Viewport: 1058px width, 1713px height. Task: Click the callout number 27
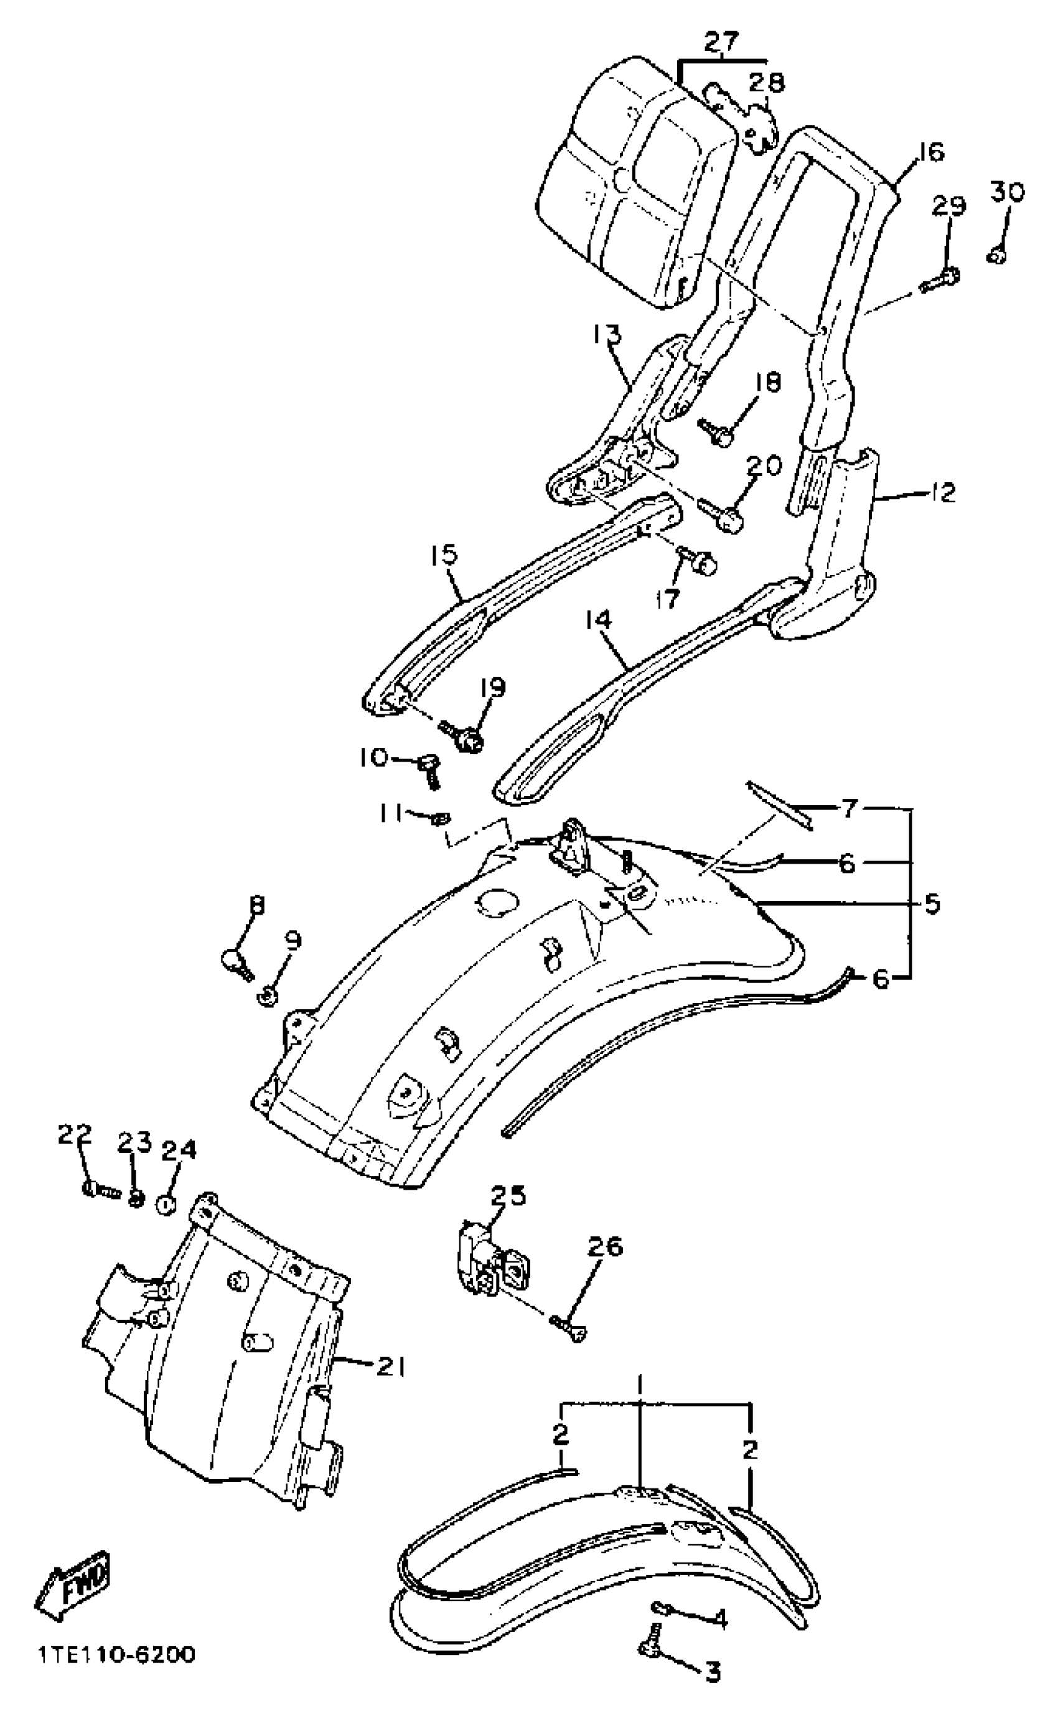(x=721, y=44)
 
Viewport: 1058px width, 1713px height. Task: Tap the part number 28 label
(x=767, y=83)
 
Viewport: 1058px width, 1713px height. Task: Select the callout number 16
(x=928, y=152)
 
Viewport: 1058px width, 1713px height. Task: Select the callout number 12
(x=942, y=493)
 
